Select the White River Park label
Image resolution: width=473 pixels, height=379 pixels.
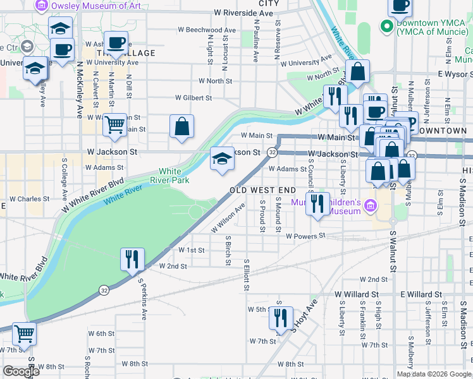pos(169,176)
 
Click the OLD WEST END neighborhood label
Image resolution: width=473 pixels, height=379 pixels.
pos(262,190)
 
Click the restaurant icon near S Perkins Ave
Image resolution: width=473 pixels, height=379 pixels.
pos(132,259)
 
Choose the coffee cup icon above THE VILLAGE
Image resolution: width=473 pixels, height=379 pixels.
pos(115,43)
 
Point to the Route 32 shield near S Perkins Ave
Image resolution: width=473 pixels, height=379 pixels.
pos(103,290)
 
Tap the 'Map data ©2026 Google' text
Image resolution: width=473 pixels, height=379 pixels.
pos(434,373)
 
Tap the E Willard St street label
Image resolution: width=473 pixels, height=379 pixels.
pos(424,294)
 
